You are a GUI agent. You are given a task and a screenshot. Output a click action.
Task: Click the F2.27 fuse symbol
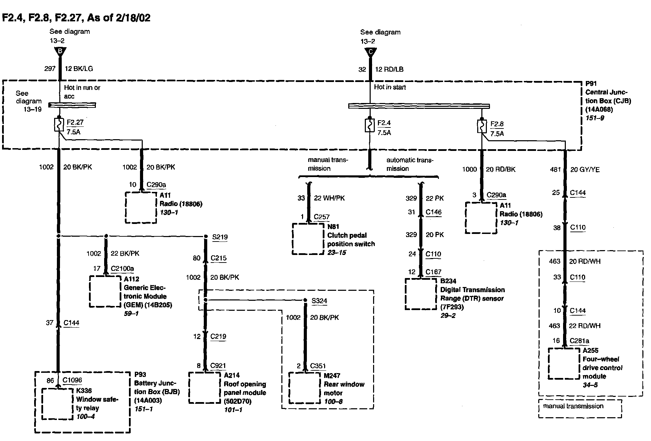tap(59, 125)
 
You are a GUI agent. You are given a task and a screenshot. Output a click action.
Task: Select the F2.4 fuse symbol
tap(370, 125)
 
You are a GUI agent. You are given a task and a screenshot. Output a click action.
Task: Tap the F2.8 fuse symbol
tap(482, 126)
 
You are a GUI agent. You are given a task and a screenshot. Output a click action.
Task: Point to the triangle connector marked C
tap(371, 53)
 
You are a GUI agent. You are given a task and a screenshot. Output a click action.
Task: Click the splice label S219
tap(219, 237)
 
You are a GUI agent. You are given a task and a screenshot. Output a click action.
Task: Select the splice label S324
tap(319, 301)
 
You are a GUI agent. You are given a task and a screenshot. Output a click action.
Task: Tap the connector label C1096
tap(72, 380)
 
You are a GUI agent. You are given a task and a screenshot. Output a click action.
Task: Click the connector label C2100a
tap(122, 268)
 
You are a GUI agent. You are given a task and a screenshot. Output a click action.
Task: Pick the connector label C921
tap(218, 366)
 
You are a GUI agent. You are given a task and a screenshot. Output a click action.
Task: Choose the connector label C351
tap(318, 366)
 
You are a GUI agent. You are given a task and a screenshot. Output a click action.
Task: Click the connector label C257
tap(321, 217)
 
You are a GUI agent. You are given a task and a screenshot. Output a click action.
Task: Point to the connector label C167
tap(433, 272)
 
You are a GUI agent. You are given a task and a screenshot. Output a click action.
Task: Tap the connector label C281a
tap(579, 341)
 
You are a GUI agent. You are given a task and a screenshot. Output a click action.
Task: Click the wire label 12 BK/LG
tap(79, 69)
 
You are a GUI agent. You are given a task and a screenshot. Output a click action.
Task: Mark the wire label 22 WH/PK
tap(329, 198)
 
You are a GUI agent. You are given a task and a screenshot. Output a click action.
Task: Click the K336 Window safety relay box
tap(58, 404)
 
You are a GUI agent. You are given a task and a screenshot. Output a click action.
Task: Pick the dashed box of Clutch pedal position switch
tap(308, 239)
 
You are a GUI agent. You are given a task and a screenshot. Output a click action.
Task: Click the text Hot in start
tap(390, 87)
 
